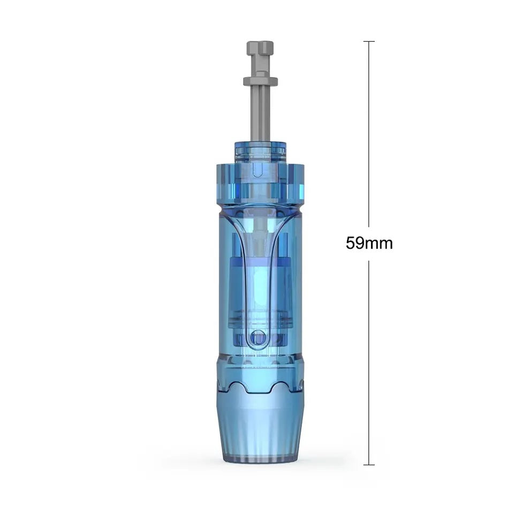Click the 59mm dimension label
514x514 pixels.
tap(369, 243)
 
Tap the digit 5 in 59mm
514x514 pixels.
tap(350, 243)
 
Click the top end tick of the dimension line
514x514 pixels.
tap(369, 42)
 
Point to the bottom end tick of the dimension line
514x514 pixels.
tap(369, 465)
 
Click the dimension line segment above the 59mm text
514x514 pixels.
tap(369, 134)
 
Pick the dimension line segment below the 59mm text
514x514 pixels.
tap(369, 362)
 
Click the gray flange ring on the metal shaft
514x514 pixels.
tap(260, 81)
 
